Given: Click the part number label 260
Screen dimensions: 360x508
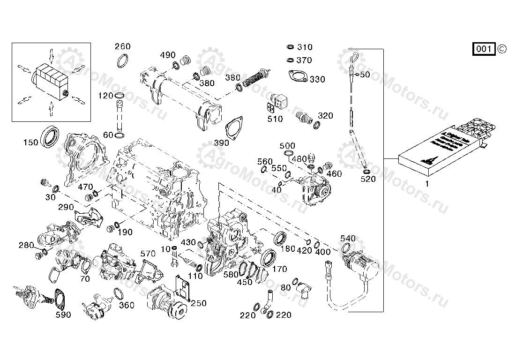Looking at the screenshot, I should (123, 46).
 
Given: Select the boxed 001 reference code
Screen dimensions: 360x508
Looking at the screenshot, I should (484, 49).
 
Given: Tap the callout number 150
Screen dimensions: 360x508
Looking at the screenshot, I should (30, 142).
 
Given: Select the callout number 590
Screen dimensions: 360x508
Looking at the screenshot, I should (63, 315).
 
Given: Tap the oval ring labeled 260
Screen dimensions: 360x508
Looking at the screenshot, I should (123, 60).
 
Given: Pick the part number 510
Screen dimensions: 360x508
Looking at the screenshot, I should (275, 119).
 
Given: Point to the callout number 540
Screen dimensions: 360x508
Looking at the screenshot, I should (348, 239).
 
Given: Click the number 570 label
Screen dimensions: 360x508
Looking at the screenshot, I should (148, 254).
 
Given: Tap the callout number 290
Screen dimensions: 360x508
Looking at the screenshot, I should (66, 207).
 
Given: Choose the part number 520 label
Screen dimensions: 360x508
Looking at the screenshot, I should (368, 179).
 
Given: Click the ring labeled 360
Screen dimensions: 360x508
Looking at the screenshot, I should (119, 294).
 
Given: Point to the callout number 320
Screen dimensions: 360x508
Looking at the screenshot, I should (325, 116).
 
